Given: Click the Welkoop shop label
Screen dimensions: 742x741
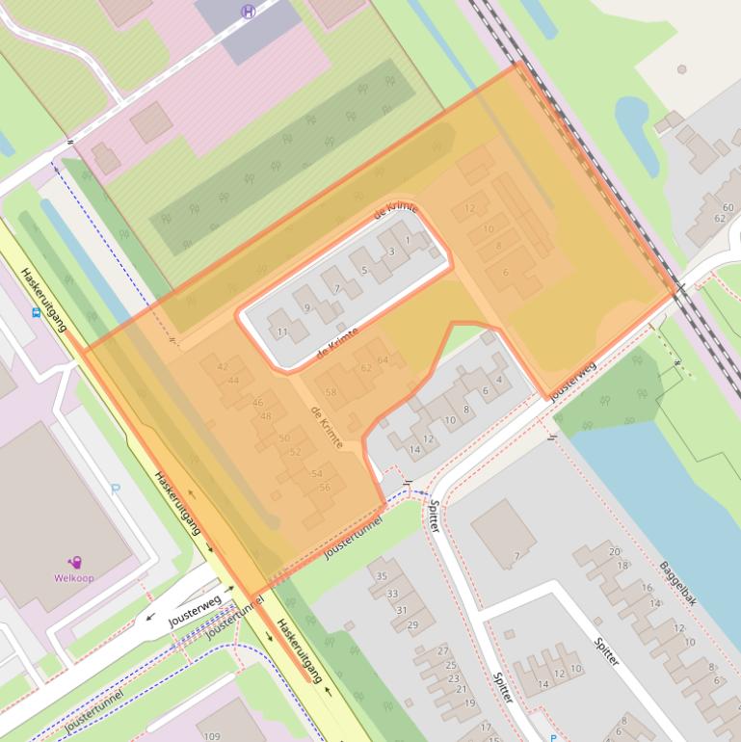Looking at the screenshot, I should coord(73,578).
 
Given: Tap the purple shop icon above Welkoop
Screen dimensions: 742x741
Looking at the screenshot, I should coord(74,562).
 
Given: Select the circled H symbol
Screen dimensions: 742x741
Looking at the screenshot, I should coord(249,12).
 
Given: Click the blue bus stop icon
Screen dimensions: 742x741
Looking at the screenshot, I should coord(37,312).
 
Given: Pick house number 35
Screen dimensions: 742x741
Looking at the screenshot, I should coord(382,576).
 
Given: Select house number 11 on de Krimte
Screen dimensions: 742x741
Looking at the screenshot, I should coord(282,331).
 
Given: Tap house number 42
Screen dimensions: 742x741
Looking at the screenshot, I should coord(223,366).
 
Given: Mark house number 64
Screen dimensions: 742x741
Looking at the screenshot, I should coord(384,360).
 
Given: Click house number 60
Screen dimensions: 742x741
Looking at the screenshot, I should coord(728,207).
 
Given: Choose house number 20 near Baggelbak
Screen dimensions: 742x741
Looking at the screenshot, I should coord(614,551).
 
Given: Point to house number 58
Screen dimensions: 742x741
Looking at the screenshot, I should coord(331,392).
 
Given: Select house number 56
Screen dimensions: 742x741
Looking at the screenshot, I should coord(325,488).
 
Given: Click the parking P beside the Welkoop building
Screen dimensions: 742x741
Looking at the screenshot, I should coord(117,489).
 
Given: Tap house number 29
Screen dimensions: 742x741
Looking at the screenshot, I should coord(412,625).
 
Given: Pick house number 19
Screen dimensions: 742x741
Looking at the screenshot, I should coord(469,702).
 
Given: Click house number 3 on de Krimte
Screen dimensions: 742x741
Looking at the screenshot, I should coord(391,252).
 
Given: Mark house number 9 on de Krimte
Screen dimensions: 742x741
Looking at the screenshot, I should coord(307,307).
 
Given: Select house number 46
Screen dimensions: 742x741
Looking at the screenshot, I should coord(257,403).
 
